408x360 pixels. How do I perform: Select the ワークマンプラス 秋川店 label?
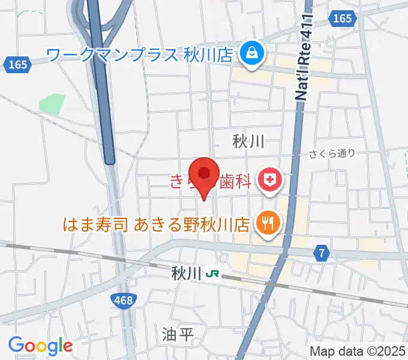coord(139,56)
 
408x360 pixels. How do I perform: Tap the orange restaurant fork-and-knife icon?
coord(266,224)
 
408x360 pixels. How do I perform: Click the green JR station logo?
coord(212,274)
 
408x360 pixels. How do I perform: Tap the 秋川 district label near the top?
coord(248,142)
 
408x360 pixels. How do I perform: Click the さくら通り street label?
coord(332,154)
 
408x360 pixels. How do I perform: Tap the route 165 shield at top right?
coord(342,19)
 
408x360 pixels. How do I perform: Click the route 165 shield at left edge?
coord(18,64)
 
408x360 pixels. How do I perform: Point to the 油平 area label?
coord(178,334)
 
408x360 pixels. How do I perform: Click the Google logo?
coord(40,346)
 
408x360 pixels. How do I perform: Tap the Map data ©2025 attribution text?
coord(356,351)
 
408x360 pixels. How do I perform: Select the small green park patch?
coord(52,103)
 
